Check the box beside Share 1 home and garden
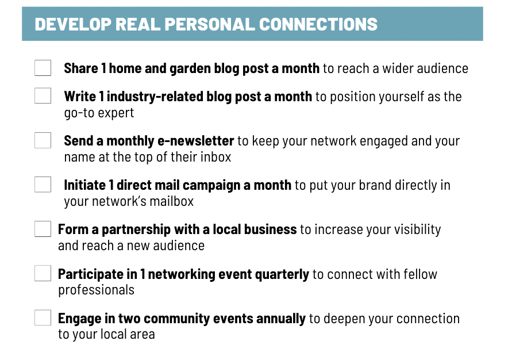43,68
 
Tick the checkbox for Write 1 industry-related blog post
43,95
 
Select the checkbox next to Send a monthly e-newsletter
43,140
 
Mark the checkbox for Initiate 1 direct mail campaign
43,185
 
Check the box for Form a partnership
43,229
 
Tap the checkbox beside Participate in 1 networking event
43,273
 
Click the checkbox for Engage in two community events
43,318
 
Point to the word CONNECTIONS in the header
318,24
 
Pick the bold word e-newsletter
196,141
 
